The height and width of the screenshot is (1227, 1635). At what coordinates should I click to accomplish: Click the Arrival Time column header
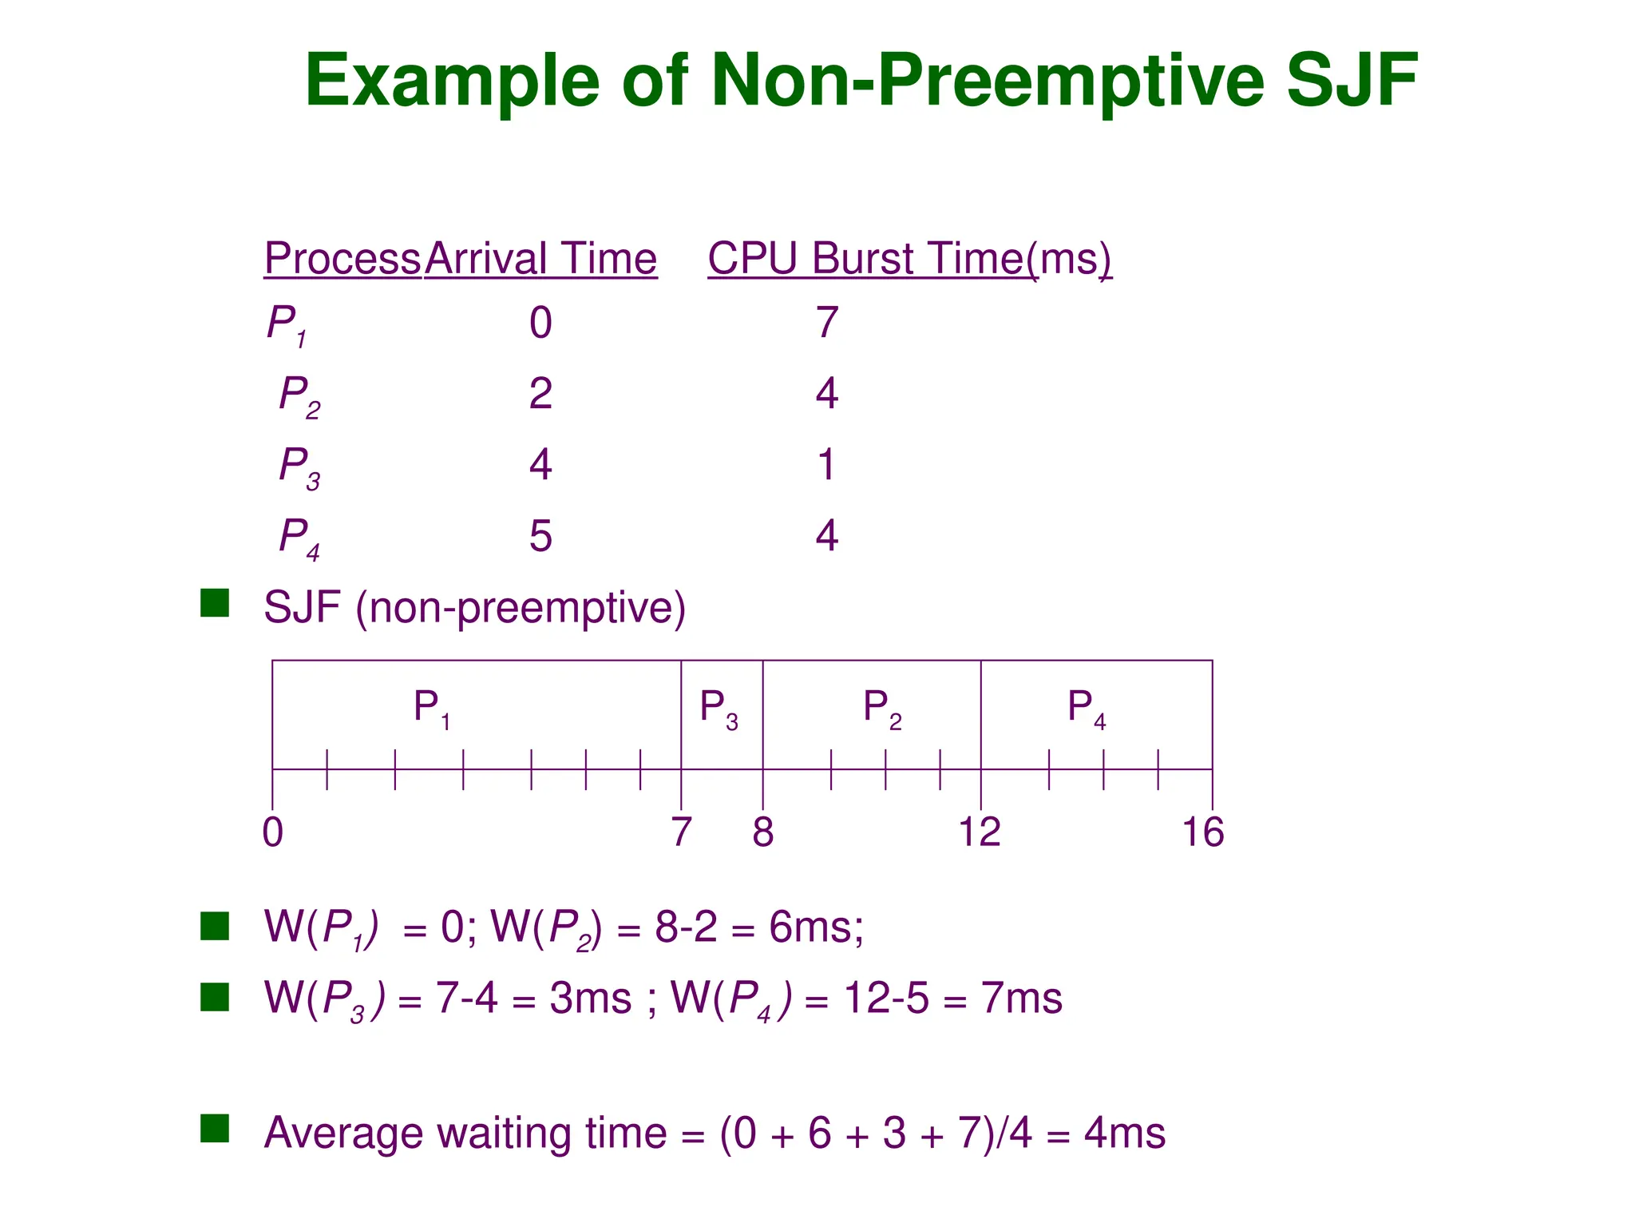pyautogui.click(x=540, y=259)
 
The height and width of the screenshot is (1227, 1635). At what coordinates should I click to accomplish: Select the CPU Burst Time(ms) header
pyautogui.click(x=909, y=259)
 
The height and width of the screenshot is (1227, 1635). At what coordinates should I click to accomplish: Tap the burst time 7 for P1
pyautogui.click(x=826, y=323)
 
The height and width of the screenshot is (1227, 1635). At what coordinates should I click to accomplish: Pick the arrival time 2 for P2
pyautogui.click(x=540, y=394)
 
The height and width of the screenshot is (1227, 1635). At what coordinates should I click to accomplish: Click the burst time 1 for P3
pyautogui.click(x=826, y=464)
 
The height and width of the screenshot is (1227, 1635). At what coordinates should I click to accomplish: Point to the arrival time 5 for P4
pyautogui.click(x=540, y=535)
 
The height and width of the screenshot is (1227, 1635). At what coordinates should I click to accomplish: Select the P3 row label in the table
pyautogui.click(x=299, y=467)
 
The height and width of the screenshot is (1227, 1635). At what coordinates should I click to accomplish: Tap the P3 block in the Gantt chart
pyautogui.click(x=719, y=709)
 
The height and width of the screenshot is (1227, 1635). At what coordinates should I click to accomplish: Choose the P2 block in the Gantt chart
pyautogui.click(x=882, y=709)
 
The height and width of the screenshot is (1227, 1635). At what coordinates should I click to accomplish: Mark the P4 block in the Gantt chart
pyautogui.click(x=1087, y=709)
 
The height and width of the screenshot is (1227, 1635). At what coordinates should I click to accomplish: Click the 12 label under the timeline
pyautogui.click(x=979, y=832)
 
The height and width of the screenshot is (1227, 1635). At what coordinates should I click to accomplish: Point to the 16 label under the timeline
pyautogui.click(x=1202, y=832)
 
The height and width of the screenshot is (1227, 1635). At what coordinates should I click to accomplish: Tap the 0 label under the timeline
pyautogui.click(x=273, y=832)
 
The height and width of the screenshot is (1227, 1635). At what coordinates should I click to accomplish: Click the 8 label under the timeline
pyautogui.click(x=762, y=832)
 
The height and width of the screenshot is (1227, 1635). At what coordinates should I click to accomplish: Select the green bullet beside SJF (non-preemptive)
pyautogui.click(x=215, y=603)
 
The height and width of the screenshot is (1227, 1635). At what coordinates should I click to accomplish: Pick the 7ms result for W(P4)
pyautogui.click(x=1021, y=999)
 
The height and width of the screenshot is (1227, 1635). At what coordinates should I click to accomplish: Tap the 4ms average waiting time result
pyautogui.click(x=1124, y=1133)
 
